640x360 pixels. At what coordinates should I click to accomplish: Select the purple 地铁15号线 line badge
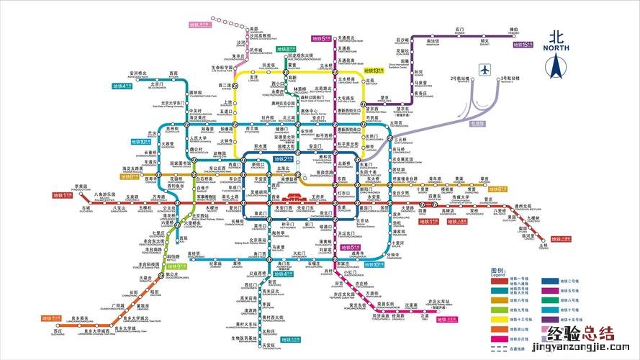[x=523, y=45]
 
